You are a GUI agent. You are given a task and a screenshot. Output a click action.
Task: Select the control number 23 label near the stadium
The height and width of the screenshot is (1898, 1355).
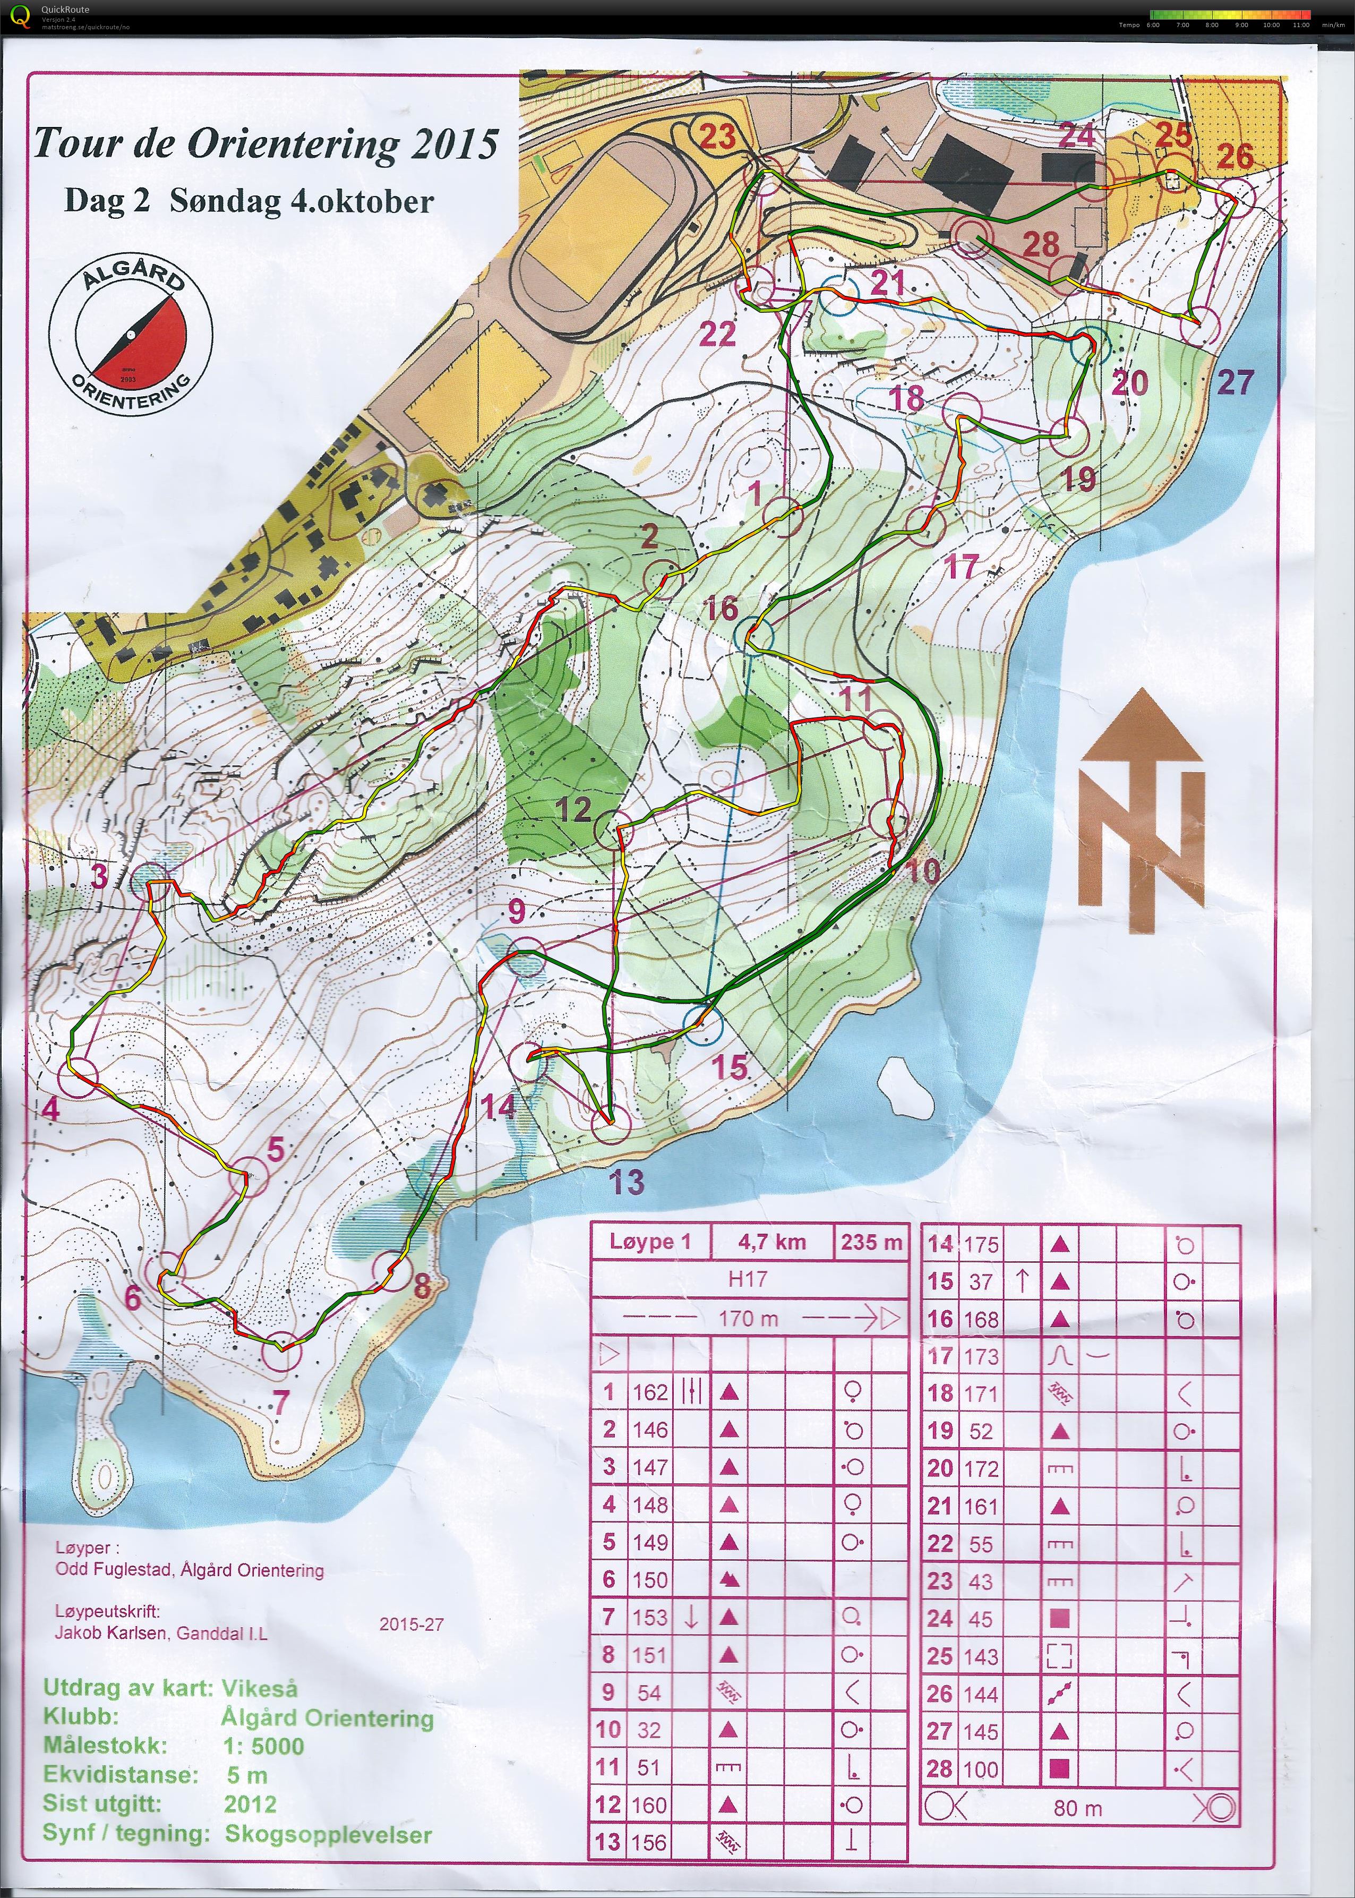[717, 136]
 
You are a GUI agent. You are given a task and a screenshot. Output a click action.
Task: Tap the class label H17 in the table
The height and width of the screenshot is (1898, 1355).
[746, 1279]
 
